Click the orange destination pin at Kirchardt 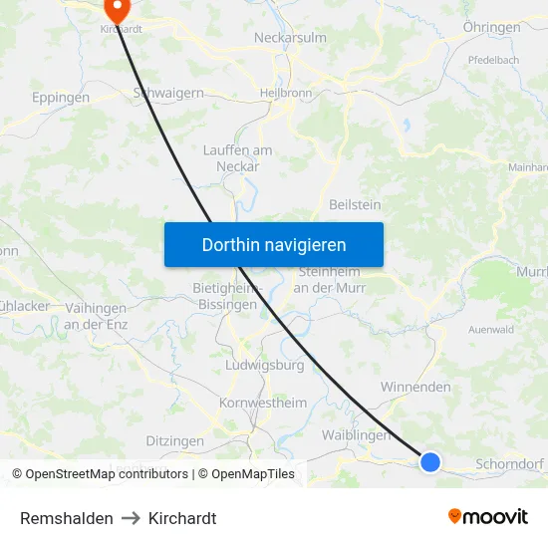click(117, 10)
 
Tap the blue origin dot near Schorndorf click(430, 461)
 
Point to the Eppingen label click(61, 98)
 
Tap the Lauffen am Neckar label click(237, 158)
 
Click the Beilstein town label click(355, 204)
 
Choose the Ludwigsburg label click(265, 365)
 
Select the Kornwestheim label click(263, 403)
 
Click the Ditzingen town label click(174, 440)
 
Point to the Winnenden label click(415, 387)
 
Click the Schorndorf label click(510, 464)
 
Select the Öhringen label click(491, 28)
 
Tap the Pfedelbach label click(493, 60)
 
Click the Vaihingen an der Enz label click(95, 317)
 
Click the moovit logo click(488, 517)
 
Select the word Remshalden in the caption click(67, 518)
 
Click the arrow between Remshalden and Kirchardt click(131, 518)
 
